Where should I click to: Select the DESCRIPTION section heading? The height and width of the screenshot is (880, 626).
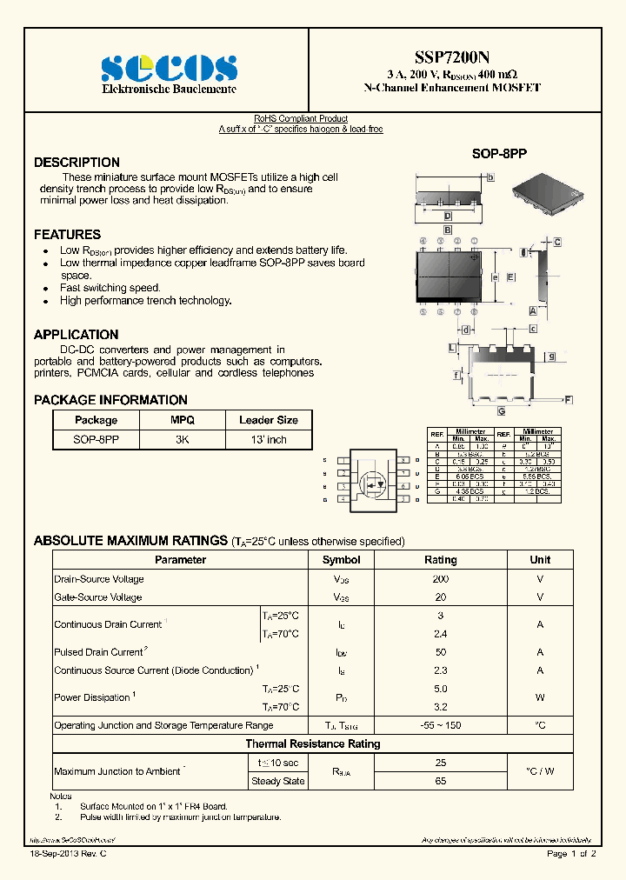tap(77, 163)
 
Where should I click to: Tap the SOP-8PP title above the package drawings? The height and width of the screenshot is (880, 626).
tap(499, 153)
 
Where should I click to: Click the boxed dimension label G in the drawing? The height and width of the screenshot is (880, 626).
tap(501, 410)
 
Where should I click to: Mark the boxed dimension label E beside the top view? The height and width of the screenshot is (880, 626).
tap(509, 277)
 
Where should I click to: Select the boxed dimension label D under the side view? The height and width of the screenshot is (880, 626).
tap(447, 217)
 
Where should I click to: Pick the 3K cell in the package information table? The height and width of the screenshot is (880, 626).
tap(182, 440)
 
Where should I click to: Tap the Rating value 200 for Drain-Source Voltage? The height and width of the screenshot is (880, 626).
tap(440, 579)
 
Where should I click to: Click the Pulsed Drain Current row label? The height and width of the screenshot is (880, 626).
tap(100, 652)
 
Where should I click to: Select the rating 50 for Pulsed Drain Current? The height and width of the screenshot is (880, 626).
tap(440, 652)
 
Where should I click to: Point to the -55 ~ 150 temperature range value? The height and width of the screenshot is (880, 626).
tap(440, 725)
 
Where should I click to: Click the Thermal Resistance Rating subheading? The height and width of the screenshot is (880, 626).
tap(312, 743)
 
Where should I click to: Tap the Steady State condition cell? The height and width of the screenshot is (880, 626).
tap(277, 781)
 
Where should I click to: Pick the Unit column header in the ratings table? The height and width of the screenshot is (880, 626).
tap(540, 560)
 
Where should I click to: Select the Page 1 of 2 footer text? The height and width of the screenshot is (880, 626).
tap(571, 855)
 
